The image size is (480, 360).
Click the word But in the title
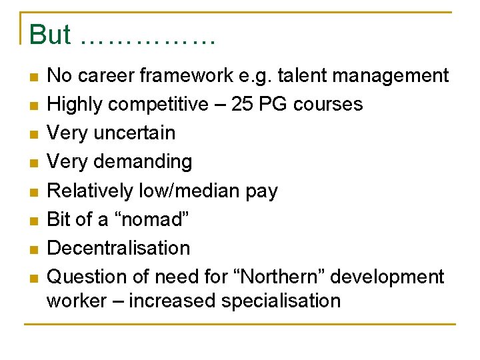point(50,35)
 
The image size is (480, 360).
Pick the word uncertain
point(135,133)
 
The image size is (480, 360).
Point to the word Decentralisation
point(119,248)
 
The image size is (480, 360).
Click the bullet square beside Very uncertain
point(34,134)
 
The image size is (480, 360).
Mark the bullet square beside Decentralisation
point(34,249)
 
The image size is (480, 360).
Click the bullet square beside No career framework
point(34,77)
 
